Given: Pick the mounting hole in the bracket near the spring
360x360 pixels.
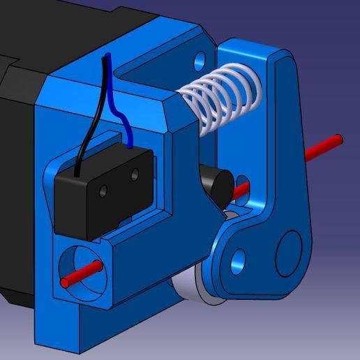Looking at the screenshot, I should pos(200,58).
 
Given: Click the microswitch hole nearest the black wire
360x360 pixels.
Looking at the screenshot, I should pos(103,190).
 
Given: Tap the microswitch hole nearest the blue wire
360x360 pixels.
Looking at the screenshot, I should pos(133,177).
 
